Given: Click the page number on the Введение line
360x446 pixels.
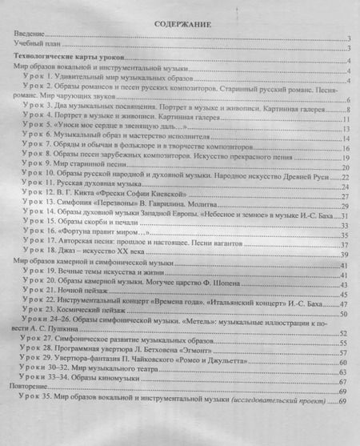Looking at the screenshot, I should point(351,38).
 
